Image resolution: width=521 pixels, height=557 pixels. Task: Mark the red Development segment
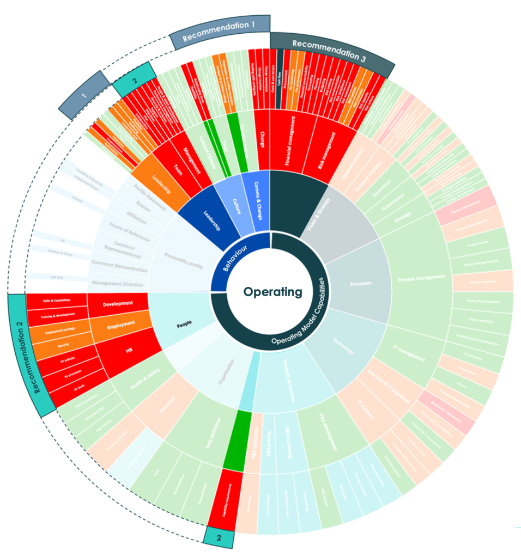pyautogui.click(x=118, y=303)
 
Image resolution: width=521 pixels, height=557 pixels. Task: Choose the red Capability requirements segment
pyautogui.click(x=223, y=499)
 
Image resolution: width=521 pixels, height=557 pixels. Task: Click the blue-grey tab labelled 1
pyautogui.click(x=84, y=96)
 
